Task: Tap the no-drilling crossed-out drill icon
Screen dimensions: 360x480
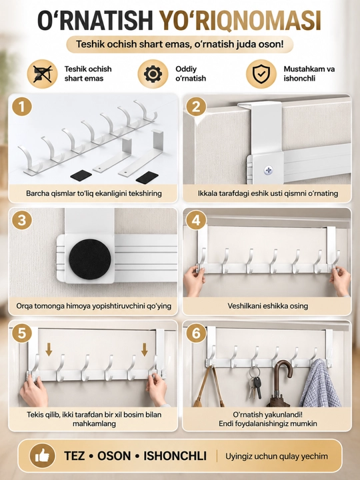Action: tap(42, 74)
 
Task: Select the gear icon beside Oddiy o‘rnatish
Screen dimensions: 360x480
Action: tap(153, 74)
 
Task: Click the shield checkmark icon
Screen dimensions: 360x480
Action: tap(261, 74)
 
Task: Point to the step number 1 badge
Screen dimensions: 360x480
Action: tap(22, 107)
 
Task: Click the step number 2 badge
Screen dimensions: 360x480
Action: tap(196, 107)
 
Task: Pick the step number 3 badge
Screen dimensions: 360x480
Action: tap(22, 220)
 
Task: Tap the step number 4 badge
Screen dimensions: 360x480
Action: tap(196, 220)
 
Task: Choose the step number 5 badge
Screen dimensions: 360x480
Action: tap(22, 333)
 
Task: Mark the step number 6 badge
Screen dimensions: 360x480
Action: tap(196, 333)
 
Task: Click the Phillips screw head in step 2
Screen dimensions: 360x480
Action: tap(268, 170)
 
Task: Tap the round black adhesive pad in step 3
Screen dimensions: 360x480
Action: tap(90, 259)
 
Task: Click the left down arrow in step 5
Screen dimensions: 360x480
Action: tap(49, 349)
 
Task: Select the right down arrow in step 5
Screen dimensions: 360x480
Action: tap(145, 349)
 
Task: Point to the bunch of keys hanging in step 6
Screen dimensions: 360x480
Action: tap(255, 383)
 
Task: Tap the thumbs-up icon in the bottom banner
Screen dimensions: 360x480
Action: tap(42, 456)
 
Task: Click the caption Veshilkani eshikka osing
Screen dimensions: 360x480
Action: tap(268, 306)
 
